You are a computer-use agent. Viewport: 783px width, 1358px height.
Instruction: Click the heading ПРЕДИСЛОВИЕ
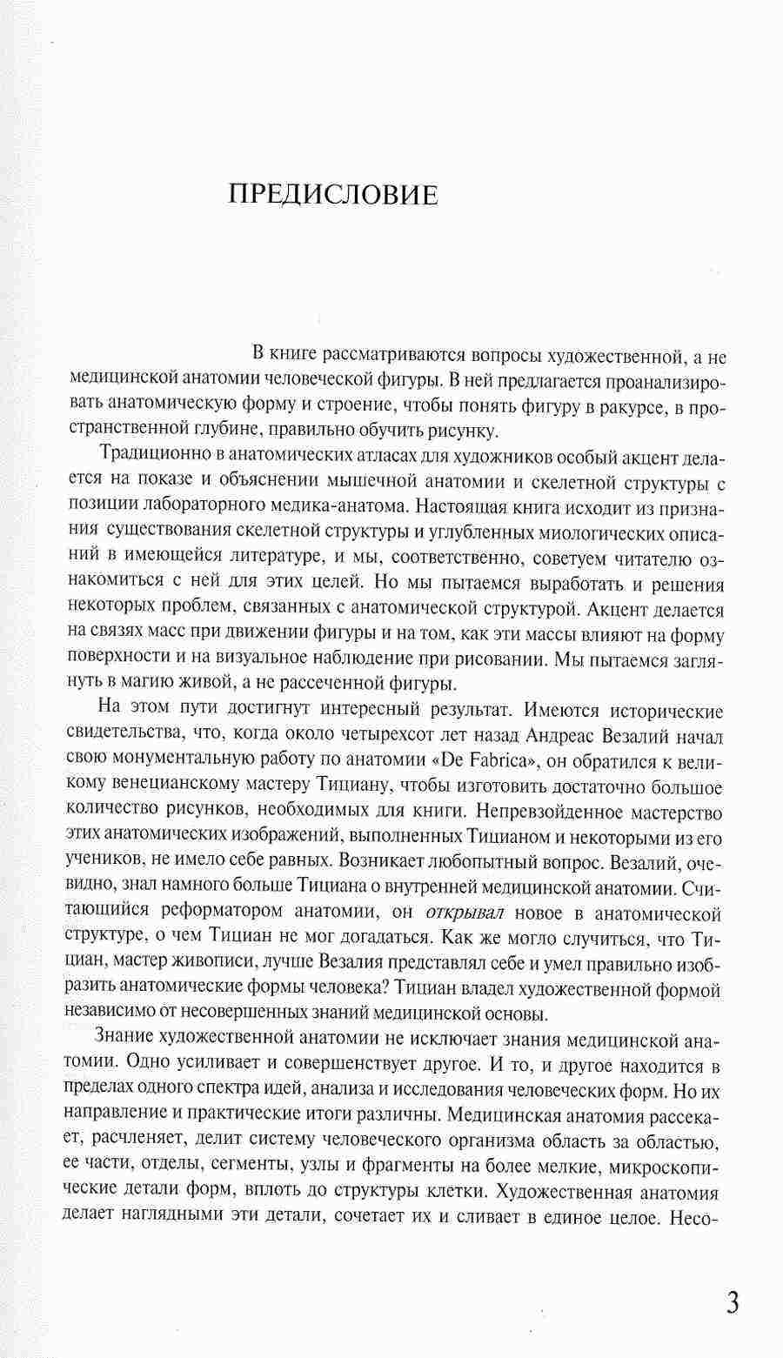[333, 195]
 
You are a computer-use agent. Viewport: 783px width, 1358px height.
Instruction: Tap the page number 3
[732, 1280]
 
